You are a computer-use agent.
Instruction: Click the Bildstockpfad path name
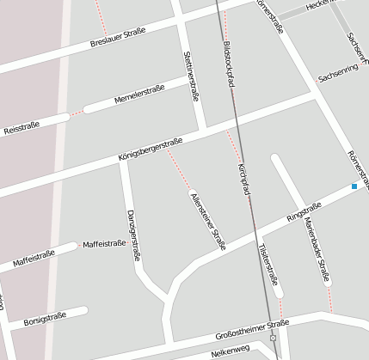(x=228, y=61)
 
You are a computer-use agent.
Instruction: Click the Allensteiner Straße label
(x=206, y=220)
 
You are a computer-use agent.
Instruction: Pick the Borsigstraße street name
(x=46, y=320)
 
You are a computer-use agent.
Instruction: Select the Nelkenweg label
(x=230, y=351)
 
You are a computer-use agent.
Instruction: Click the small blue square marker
(x=354, y=186)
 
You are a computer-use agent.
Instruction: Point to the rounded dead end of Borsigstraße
(x=84, y=310)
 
